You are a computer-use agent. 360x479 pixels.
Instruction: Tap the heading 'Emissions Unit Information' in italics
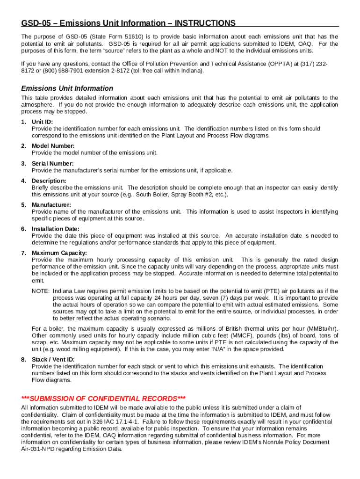point(67,88)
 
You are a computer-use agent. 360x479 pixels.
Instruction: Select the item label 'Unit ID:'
point(43,122)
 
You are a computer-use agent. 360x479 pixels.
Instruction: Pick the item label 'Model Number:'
point(53,146)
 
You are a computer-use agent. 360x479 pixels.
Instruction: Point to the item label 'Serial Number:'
point(52,163)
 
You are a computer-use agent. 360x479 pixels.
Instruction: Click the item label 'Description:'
point(49,181)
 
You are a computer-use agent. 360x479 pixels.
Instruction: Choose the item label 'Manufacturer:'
point(51,205)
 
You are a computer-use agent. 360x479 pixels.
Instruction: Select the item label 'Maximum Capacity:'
point(59,253)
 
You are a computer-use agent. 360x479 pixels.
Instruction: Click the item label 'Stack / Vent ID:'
point(53,359)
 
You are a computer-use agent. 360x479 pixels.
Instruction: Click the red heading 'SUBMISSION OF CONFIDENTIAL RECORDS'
point(103,399)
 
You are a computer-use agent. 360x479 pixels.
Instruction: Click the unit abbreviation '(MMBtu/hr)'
point(322,329)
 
